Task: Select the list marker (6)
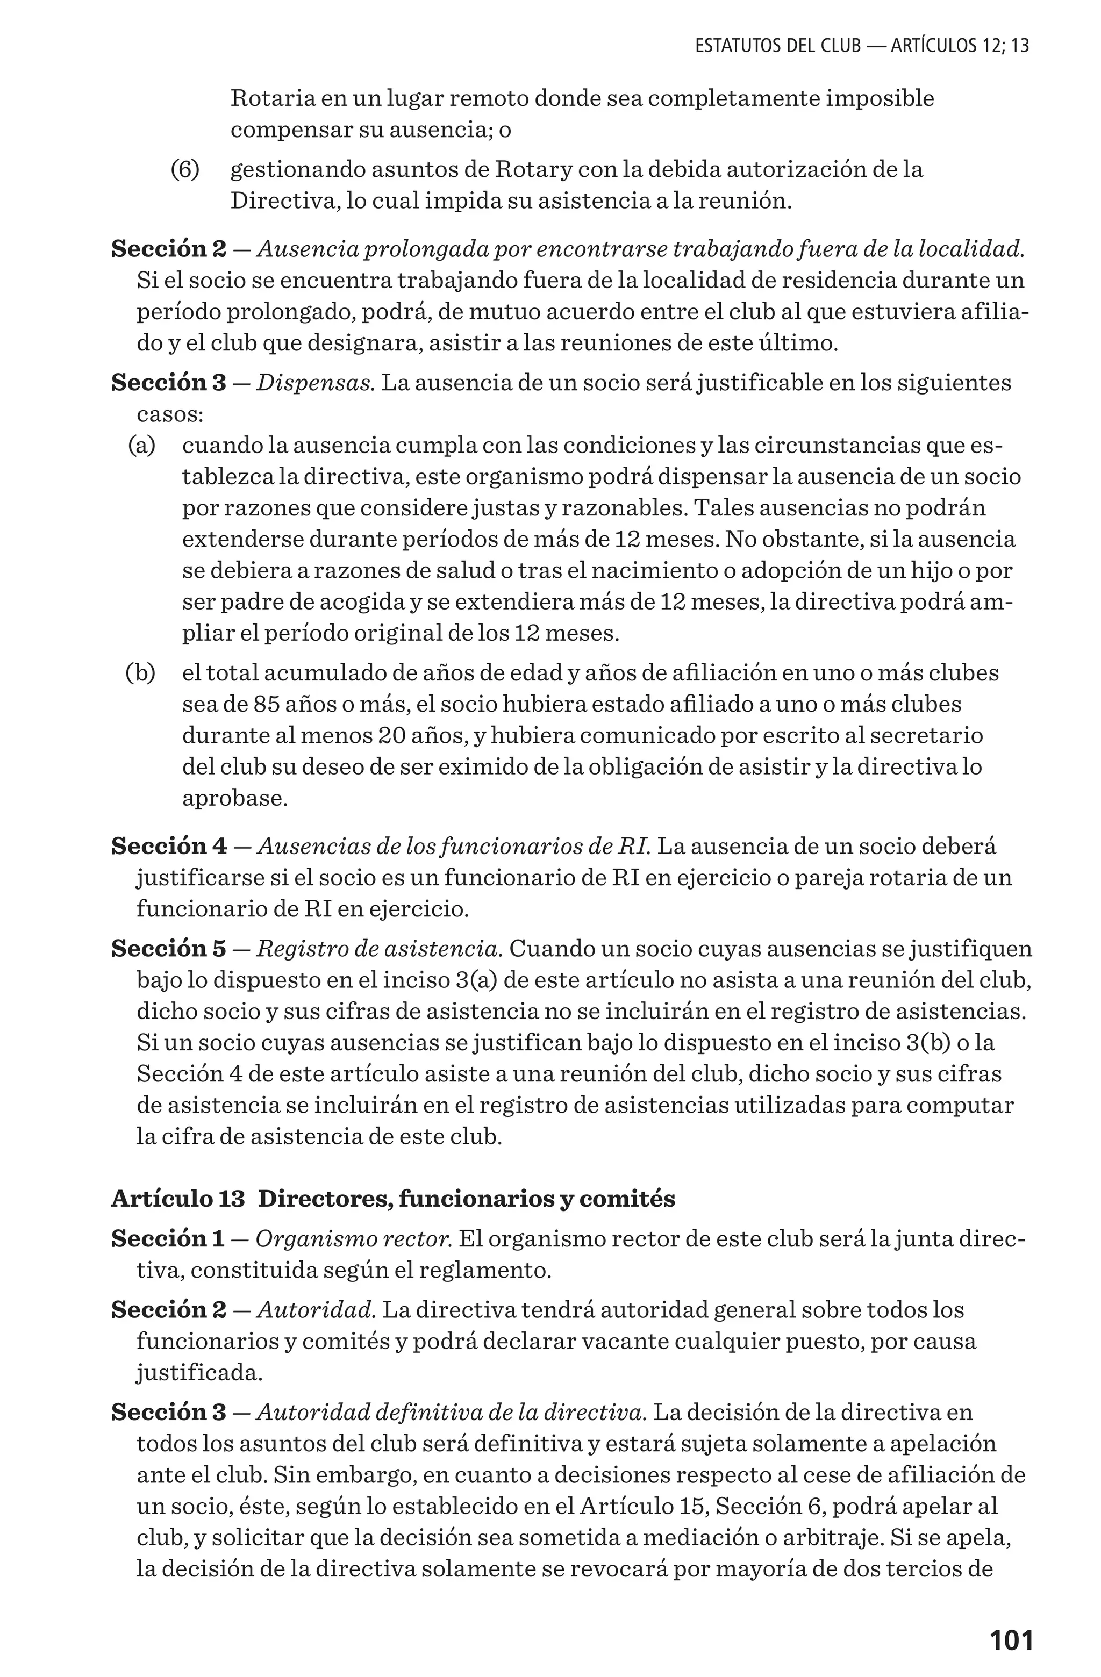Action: pos(185,170)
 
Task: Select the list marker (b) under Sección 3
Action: pos(140,673)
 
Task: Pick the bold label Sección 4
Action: pos(169,846)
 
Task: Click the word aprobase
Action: pos(235,798)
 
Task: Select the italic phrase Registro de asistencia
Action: pos(378,949)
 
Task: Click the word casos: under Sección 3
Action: pos(170,414)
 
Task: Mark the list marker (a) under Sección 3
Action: pos(141,446)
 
